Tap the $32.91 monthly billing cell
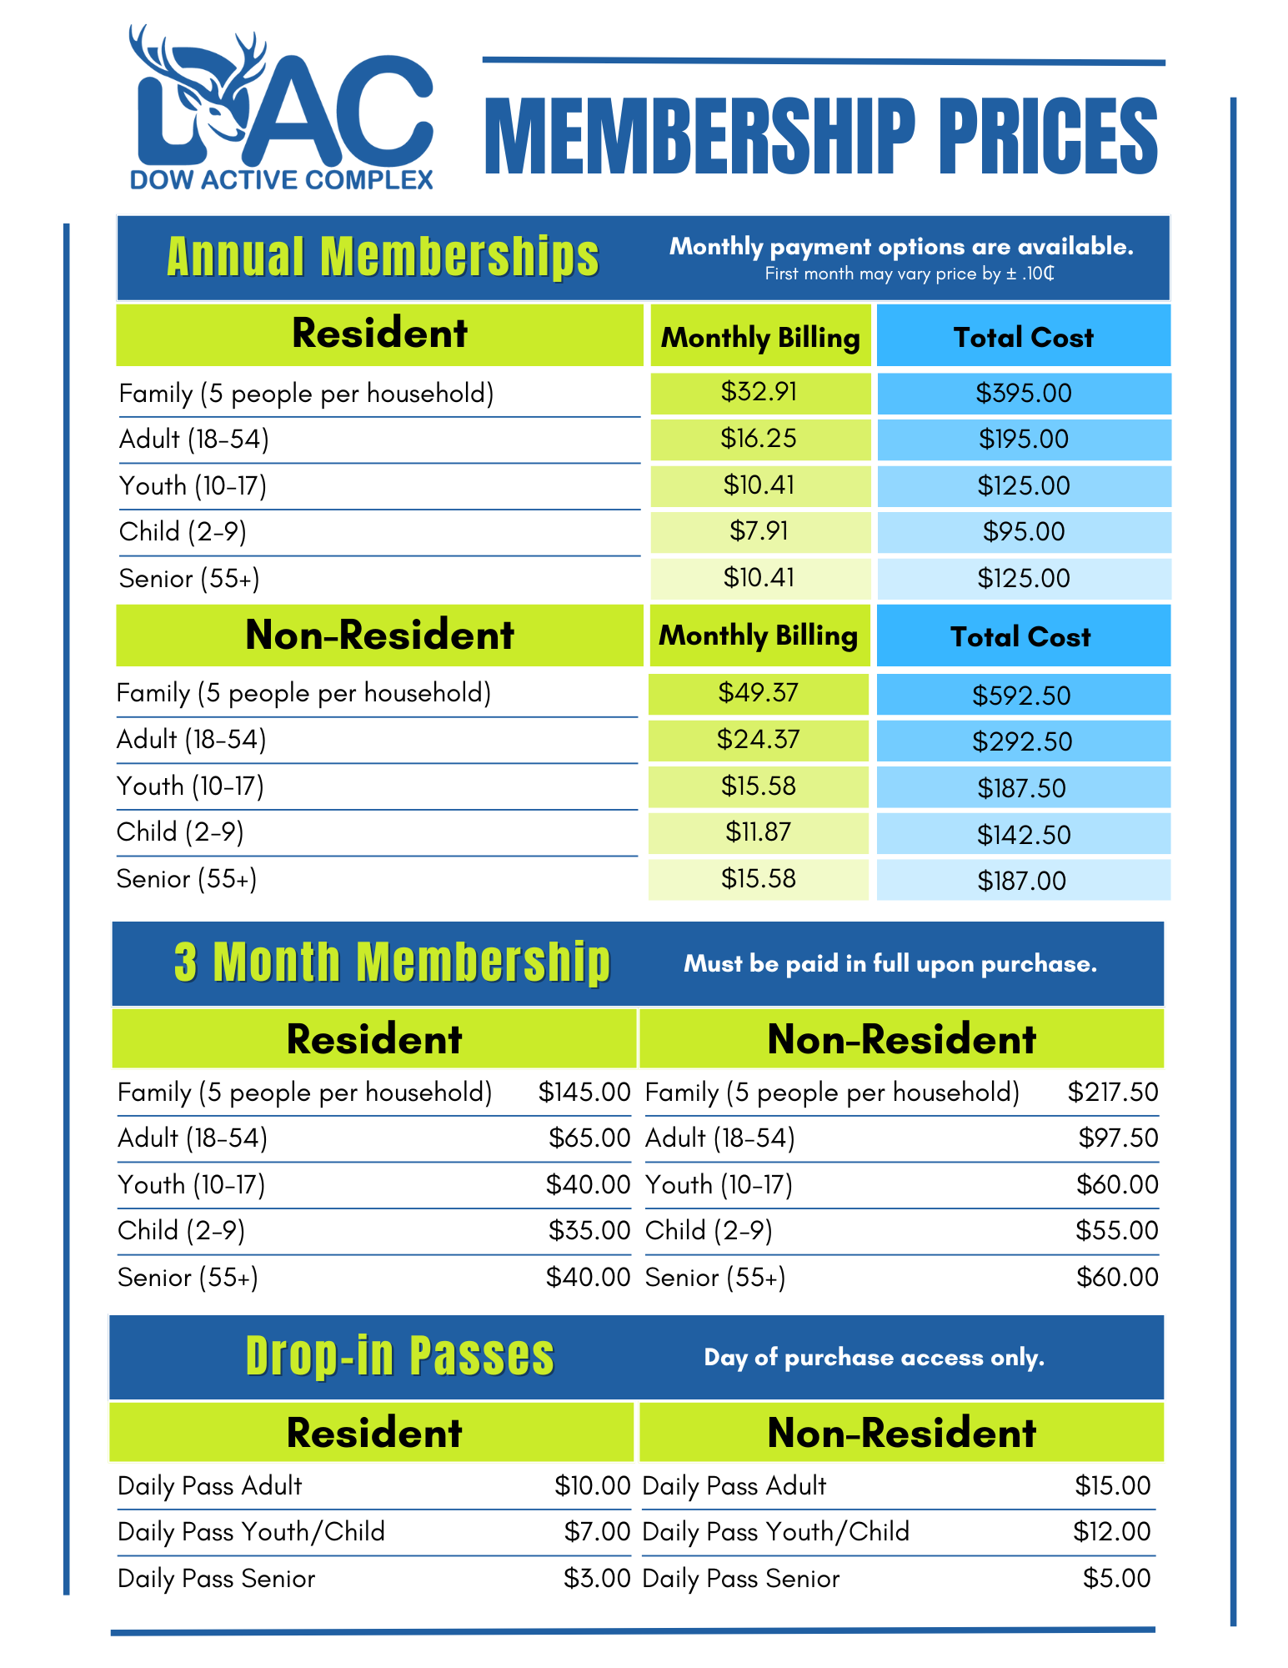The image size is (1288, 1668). (x=759, y=391)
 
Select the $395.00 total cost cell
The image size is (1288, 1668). (x=1023, y=393)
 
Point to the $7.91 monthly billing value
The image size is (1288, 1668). (x=759, y=530)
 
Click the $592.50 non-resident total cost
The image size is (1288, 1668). (x=1021, y=696)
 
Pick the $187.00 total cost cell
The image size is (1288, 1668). (x=1021, y=881)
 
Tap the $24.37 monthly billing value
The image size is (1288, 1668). (x=758, y=739)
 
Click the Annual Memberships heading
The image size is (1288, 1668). (x=383, y=256)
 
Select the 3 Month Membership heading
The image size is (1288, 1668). (x=392, y=962)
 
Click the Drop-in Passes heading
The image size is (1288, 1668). (x=399, y=1356)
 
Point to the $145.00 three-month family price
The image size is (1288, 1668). (x=584, y=1092)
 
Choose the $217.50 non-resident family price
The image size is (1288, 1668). (x=1112, y=1092)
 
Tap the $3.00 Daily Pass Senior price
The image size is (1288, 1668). (x=596, y=1578)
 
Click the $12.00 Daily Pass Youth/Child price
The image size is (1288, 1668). (x=1111, y=1531)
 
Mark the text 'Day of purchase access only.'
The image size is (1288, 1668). (x=873, y=1358)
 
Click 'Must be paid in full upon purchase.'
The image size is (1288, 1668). (x=890, y=964)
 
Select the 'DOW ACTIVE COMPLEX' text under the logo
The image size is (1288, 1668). (x=282, y=180)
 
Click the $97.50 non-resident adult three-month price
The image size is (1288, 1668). (x=1117, y=1138)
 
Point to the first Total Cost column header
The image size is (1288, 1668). (x=1023, y=337)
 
